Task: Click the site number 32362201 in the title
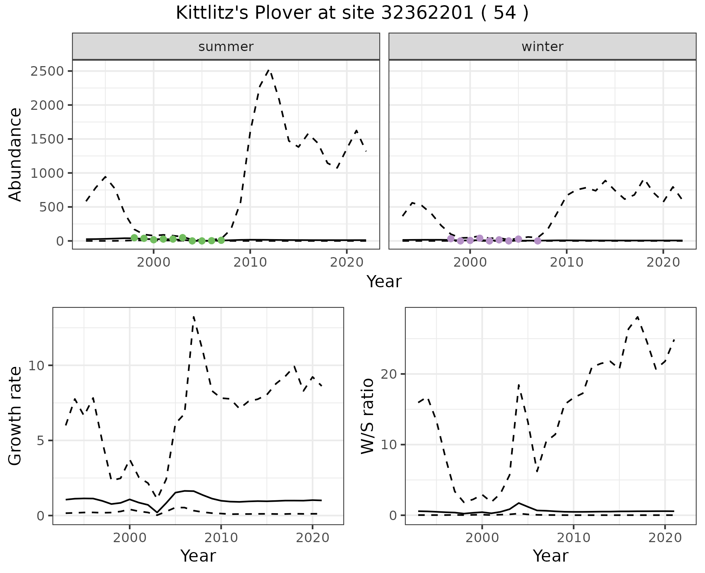(427, 13)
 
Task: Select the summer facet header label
(226, 47)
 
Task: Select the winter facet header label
(542, 47)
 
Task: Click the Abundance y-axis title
(15, 154)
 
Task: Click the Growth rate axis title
(15, 416)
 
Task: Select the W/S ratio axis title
(368, 416)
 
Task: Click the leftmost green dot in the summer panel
(134, 238)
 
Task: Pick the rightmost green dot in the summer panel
(221, 240)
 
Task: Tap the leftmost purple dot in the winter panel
(451, 239)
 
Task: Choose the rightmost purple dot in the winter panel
(538, 241)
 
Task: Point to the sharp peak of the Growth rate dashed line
(194, 317)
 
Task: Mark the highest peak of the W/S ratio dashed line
(637, 317)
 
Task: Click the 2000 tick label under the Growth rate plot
(129, 538)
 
